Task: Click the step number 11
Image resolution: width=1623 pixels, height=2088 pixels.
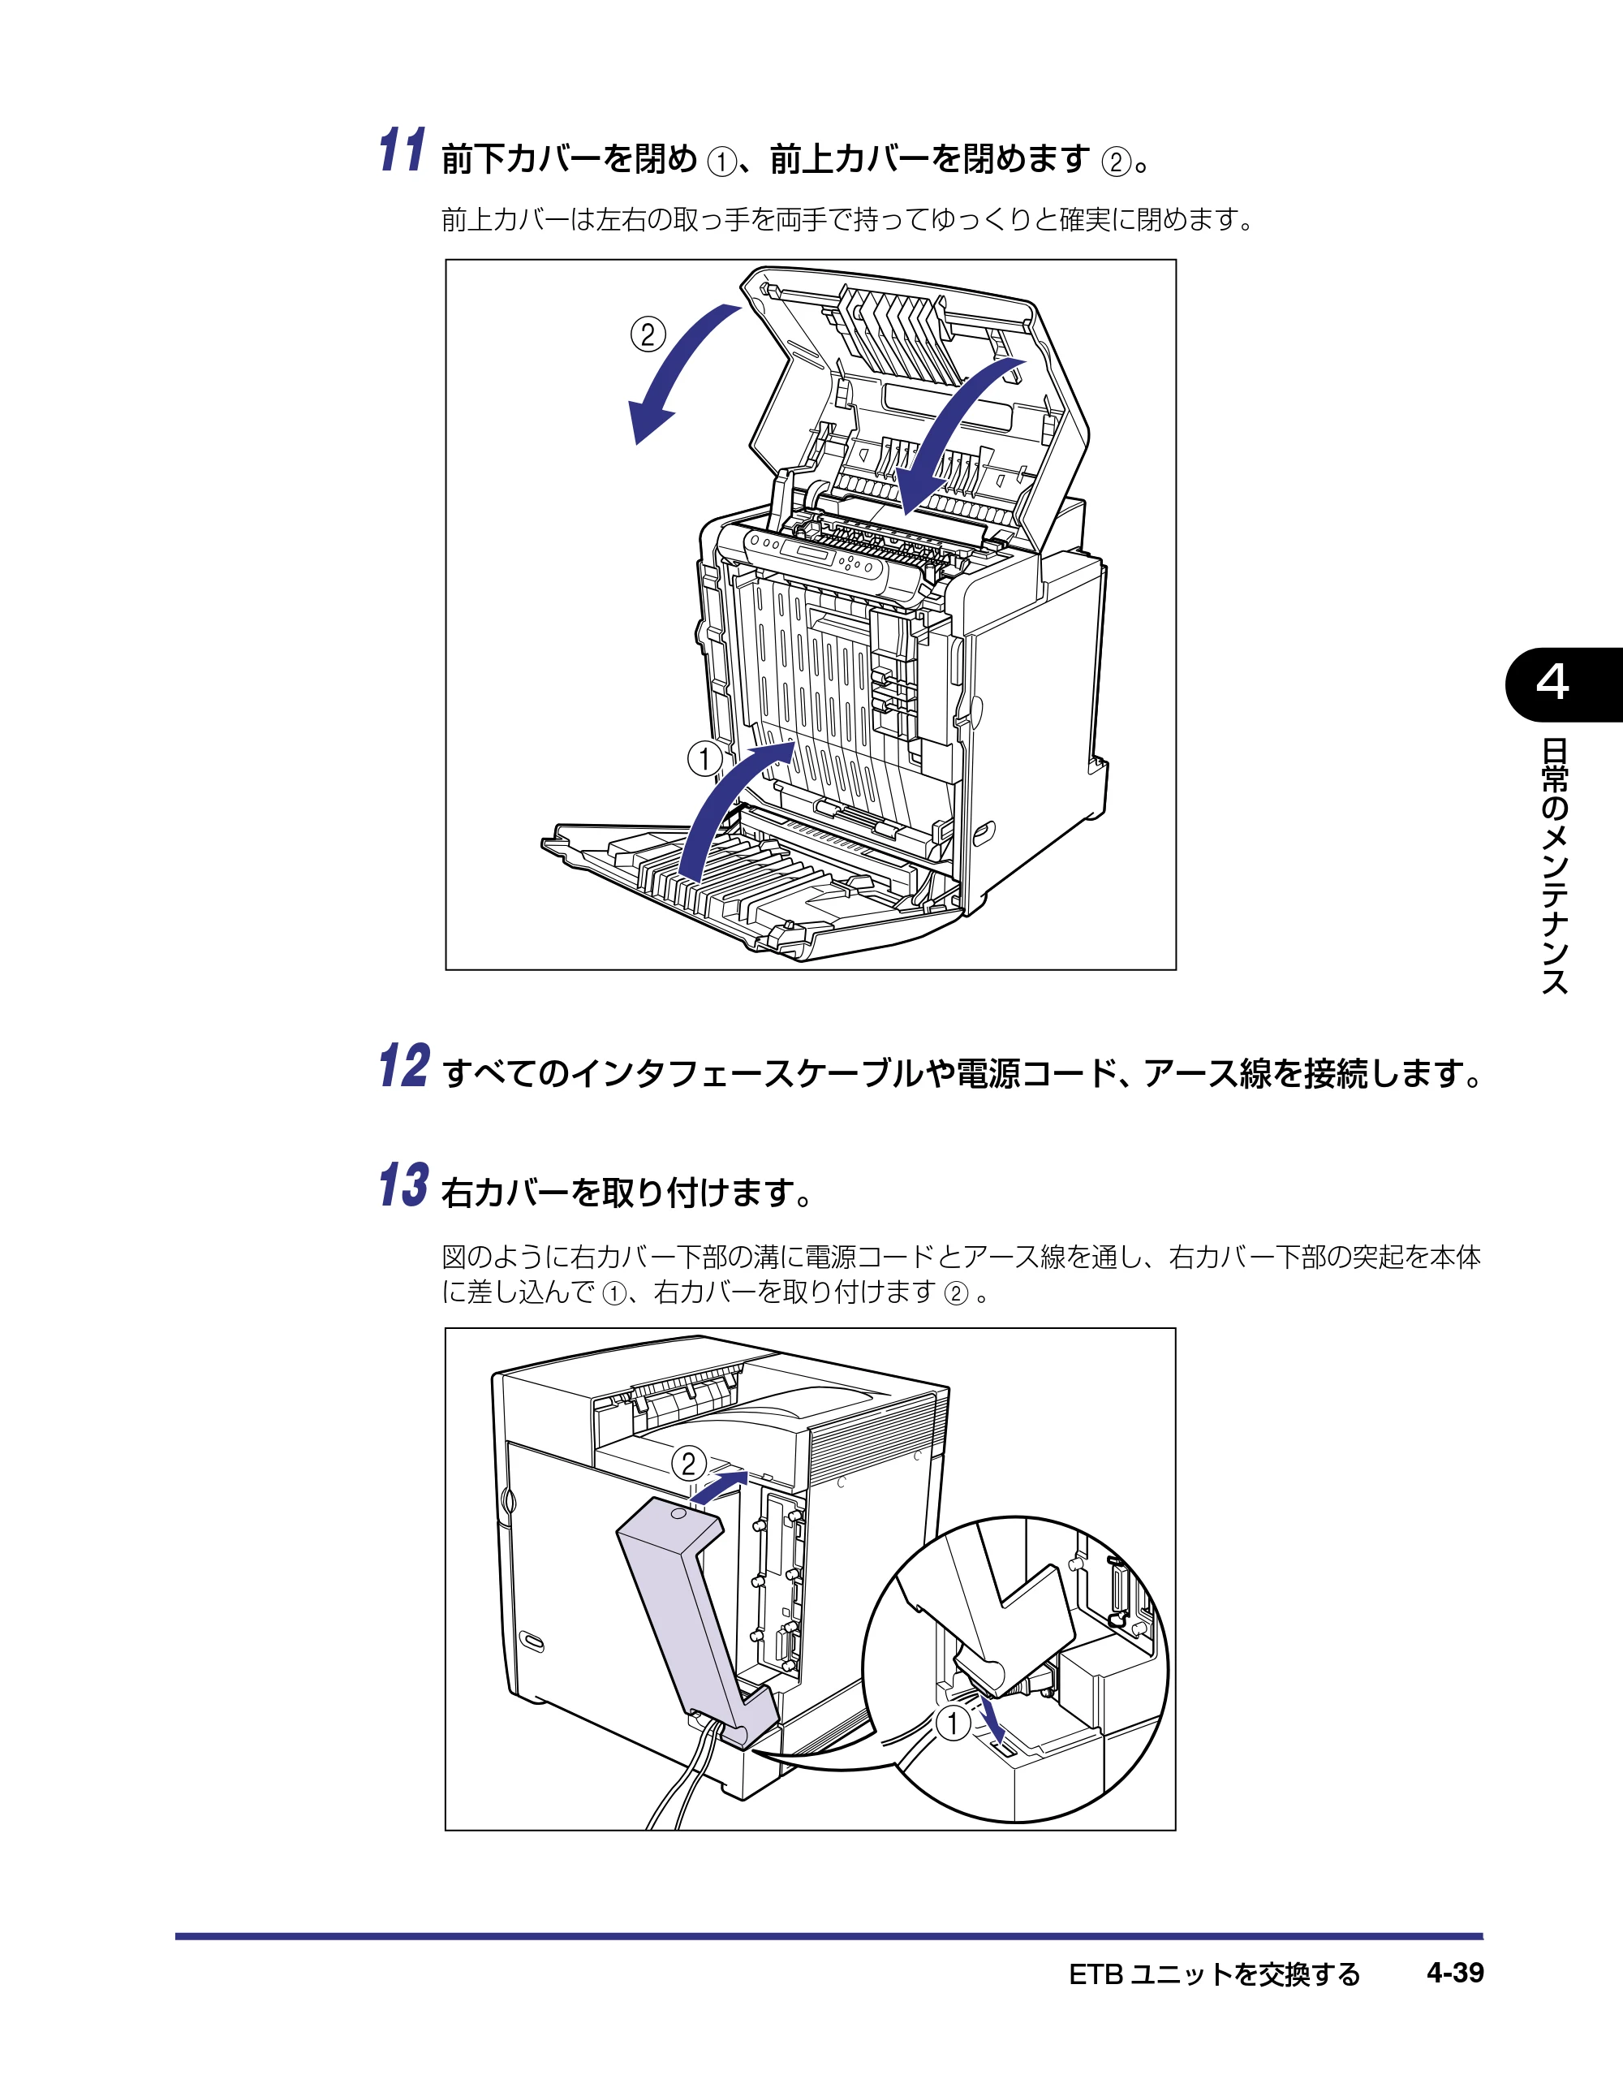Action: (x=403, y=150)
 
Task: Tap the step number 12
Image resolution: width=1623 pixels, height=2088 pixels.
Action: (x=404, y=1066)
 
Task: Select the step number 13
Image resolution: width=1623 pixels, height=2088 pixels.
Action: (x=403, y=1185)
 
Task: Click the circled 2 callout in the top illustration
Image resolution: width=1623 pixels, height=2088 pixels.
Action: (x=648, y=334)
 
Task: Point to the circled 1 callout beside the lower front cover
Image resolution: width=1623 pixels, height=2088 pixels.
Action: (x=705, y=759)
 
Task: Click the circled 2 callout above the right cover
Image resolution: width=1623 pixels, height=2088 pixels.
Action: (x=688, y=1464)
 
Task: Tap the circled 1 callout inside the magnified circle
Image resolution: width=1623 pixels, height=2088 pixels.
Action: (x=952, y=1723)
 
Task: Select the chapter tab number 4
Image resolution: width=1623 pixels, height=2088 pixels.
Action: (x=1552, y=683)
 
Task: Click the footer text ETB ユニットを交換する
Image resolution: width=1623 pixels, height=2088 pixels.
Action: (x=1214, y=1974)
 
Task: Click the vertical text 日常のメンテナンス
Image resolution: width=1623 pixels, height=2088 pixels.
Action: (x=1555, y=866)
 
